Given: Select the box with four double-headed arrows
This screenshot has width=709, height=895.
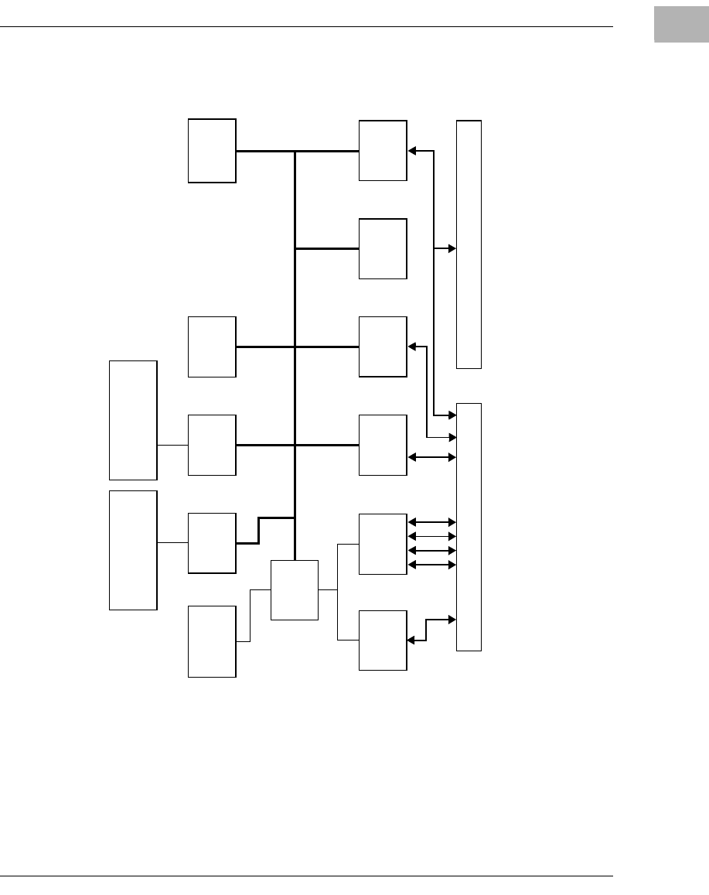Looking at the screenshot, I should [383, 544].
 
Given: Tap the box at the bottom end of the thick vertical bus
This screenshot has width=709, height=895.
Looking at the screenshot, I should [295, 589].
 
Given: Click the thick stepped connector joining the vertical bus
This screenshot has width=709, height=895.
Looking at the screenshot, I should [259, 530].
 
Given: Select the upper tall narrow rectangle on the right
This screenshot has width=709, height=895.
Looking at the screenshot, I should [469, 244].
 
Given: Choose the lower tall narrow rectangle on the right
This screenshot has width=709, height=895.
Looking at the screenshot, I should [469, 526].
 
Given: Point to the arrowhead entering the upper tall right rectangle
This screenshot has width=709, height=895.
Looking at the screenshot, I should [452, 248].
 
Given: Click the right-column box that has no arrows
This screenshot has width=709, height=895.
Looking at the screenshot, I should [383, 248].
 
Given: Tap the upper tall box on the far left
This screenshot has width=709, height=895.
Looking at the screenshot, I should [133, 420].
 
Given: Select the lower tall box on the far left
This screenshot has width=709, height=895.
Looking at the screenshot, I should [133, 550].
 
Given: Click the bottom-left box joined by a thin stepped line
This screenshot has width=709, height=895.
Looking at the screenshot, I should [212, 641].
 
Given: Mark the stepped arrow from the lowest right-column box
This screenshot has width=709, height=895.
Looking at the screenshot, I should [428, 628].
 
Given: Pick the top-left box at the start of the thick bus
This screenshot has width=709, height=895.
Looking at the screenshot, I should [212, 151].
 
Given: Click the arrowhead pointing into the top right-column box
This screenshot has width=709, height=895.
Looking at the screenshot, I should [412, 151].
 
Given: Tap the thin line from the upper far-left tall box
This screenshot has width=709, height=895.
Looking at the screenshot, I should [172, 446].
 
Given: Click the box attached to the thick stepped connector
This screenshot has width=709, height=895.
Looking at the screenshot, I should [212, 543].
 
